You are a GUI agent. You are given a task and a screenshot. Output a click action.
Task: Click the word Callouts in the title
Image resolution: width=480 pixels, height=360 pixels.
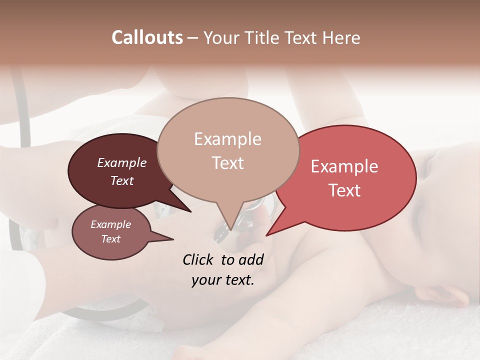click(x=147, y=37)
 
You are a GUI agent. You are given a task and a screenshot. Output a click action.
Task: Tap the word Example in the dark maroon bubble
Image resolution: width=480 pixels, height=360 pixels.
click(x=122, y=162)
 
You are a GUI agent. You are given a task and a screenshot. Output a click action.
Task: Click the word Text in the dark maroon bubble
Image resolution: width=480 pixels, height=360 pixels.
click(x=122, y=180)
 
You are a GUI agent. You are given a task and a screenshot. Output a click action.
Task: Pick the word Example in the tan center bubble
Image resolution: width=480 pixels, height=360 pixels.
click(x=227, y=139)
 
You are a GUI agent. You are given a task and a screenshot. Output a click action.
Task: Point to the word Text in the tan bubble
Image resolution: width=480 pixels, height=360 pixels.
click(x=227, y=163)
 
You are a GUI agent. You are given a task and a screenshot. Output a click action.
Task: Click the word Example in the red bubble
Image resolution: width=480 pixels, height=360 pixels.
click(x=344, y=166)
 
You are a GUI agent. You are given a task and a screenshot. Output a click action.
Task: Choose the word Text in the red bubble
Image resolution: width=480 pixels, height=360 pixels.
click(x=344, y=190)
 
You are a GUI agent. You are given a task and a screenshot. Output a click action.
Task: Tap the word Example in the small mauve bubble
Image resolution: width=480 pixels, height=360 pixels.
click(x=110, y=224)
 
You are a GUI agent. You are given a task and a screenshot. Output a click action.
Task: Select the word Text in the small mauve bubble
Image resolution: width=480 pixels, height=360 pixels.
click(x=110, y=239)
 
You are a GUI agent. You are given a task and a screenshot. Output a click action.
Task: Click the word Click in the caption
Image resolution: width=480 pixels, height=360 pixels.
click(x=197, y=260)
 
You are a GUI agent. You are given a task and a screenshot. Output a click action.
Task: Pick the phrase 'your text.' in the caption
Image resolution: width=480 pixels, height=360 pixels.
click(x=222, y=280)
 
